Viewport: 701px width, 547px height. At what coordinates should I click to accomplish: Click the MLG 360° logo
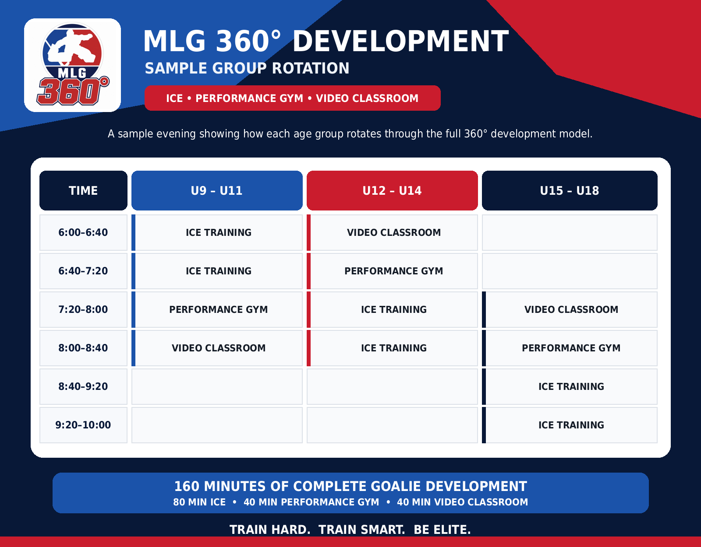coord(73,65)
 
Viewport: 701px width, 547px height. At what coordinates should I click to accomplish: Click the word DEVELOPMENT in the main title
coord(400,42)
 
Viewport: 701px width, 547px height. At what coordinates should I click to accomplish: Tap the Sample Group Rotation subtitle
coord(247,68)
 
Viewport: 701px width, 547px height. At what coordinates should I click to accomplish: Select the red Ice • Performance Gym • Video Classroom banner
coord(292,98)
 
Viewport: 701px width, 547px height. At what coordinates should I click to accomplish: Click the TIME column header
coord(83,190)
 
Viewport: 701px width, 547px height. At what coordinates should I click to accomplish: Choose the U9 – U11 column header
coord(217,190)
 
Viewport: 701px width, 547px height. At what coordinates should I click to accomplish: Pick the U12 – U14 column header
coord(392,190)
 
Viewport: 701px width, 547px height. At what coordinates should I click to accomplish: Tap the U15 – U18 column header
coord(570,190)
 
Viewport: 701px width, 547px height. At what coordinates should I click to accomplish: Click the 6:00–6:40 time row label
coord(83,232)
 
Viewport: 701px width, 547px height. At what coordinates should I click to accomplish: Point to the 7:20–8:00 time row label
coord(83,309)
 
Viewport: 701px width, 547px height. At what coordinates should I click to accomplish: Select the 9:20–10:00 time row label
coord(83,425)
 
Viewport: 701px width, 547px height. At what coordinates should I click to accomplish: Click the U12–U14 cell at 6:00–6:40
coord(392,232)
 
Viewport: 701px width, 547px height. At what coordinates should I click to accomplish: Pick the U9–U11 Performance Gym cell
coord(217,309)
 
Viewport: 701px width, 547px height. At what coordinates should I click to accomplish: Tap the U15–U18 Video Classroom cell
coord(570,309)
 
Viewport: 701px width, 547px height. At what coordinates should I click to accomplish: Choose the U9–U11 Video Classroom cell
coord(217,348)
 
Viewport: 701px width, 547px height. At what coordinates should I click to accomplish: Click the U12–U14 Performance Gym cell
coord(392,271)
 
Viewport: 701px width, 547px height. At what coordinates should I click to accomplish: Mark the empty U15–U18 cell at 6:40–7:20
coord(570,271)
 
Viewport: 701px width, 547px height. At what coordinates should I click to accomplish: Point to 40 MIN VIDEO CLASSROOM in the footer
coord(462,502)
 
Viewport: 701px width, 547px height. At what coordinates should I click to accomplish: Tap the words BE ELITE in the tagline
coord(442,529)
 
